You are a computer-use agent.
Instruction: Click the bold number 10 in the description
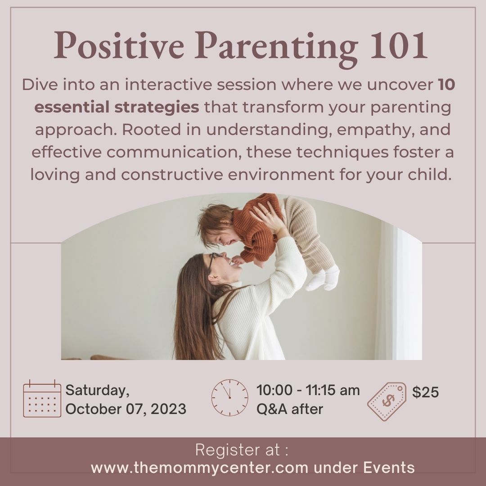coord(447,85)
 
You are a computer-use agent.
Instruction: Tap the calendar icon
coord(42,398)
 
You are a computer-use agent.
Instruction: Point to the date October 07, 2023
coord(126,409)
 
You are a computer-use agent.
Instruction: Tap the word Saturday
coord(98,390)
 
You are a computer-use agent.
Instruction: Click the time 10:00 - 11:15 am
coord(308,390)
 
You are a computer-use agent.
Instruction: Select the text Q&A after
coord(289,409)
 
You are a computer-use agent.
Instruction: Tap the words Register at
coord(242,450)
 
